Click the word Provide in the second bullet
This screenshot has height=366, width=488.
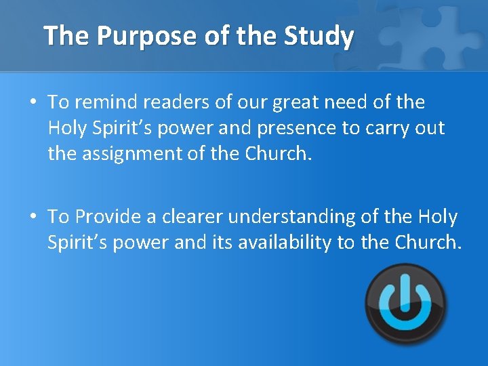[x=108, y=217]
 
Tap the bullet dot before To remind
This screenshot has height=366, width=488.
[x=33, y=103]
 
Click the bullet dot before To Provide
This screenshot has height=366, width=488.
[x=33, y=217]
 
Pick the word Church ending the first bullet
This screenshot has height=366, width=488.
[x=277, y=154]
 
